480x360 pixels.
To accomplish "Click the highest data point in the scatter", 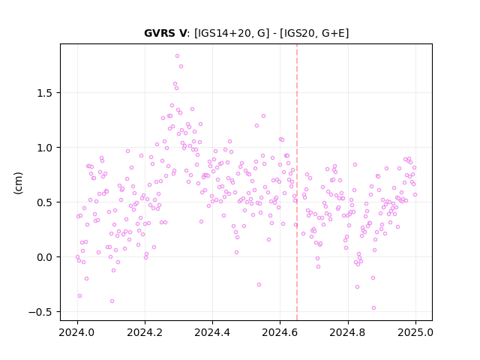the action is pos(177,56).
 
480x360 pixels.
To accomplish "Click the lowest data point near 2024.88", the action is pos(373,308).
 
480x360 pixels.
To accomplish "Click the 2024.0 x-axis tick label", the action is pos(77,332).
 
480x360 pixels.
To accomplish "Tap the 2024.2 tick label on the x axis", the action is pos(145,332).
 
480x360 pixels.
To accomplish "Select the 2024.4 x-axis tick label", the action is pos(212,332).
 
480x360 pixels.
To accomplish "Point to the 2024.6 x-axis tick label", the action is pos(280,332).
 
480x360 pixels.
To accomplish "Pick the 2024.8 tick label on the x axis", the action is pos(348,332).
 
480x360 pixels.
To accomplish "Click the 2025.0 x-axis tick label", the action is pos(415,332).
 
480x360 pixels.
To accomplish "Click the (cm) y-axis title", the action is pos(18,183).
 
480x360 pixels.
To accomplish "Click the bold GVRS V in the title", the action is pos(165,33).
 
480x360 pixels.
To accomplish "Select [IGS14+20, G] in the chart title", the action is pos(232,33).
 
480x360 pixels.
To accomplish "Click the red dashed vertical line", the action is pos(297,182).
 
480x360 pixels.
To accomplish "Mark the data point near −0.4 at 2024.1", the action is pos(112,301).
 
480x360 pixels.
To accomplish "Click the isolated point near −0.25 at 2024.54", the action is pos(259,285).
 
